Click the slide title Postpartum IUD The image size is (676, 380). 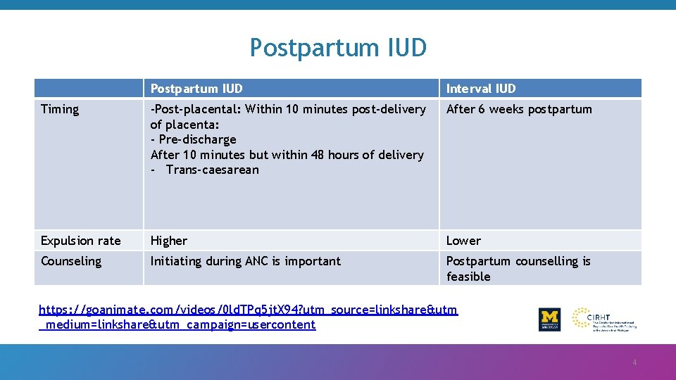coord(338,48)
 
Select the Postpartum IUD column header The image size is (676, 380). coord(196,89)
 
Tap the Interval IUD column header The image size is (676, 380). coord(481,89)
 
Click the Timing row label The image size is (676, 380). coord(60,109)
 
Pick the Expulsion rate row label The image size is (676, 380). coord(80,241)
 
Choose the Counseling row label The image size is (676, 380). coord(71,261)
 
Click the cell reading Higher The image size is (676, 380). coord(169,241)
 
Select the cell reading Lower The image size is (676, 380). coord(463,241)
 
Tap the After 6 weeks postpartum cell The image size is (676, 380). coord(519,109)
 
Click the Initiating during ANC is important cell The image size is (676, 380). coord(245,261)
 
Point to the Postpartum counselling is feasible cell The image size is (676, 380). coord(518,268)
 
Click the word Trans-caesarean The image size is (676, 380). coord(213,170)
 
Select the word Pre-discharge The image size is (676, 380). coord(197,139)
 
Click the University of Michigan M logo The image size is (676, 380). coord(549,319)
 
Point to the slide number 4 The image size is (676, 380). coord(634,362)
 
